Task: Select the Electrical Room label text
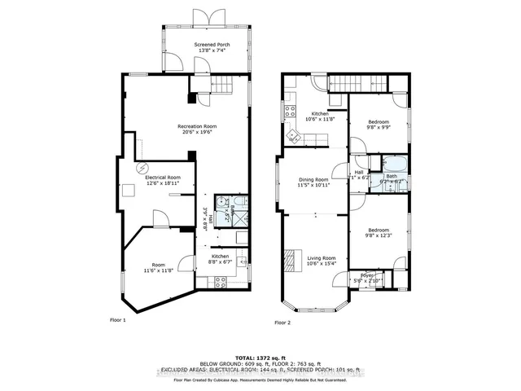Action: [163, 177]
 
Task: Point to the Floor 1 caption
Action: [119, 320]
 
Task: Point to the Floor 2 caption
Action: [283, 323]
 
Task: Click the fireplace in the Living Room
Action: [289, 261]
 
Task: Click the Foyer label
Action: [367, 275]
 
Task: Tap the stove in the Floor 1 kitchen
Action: [220, 281]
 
